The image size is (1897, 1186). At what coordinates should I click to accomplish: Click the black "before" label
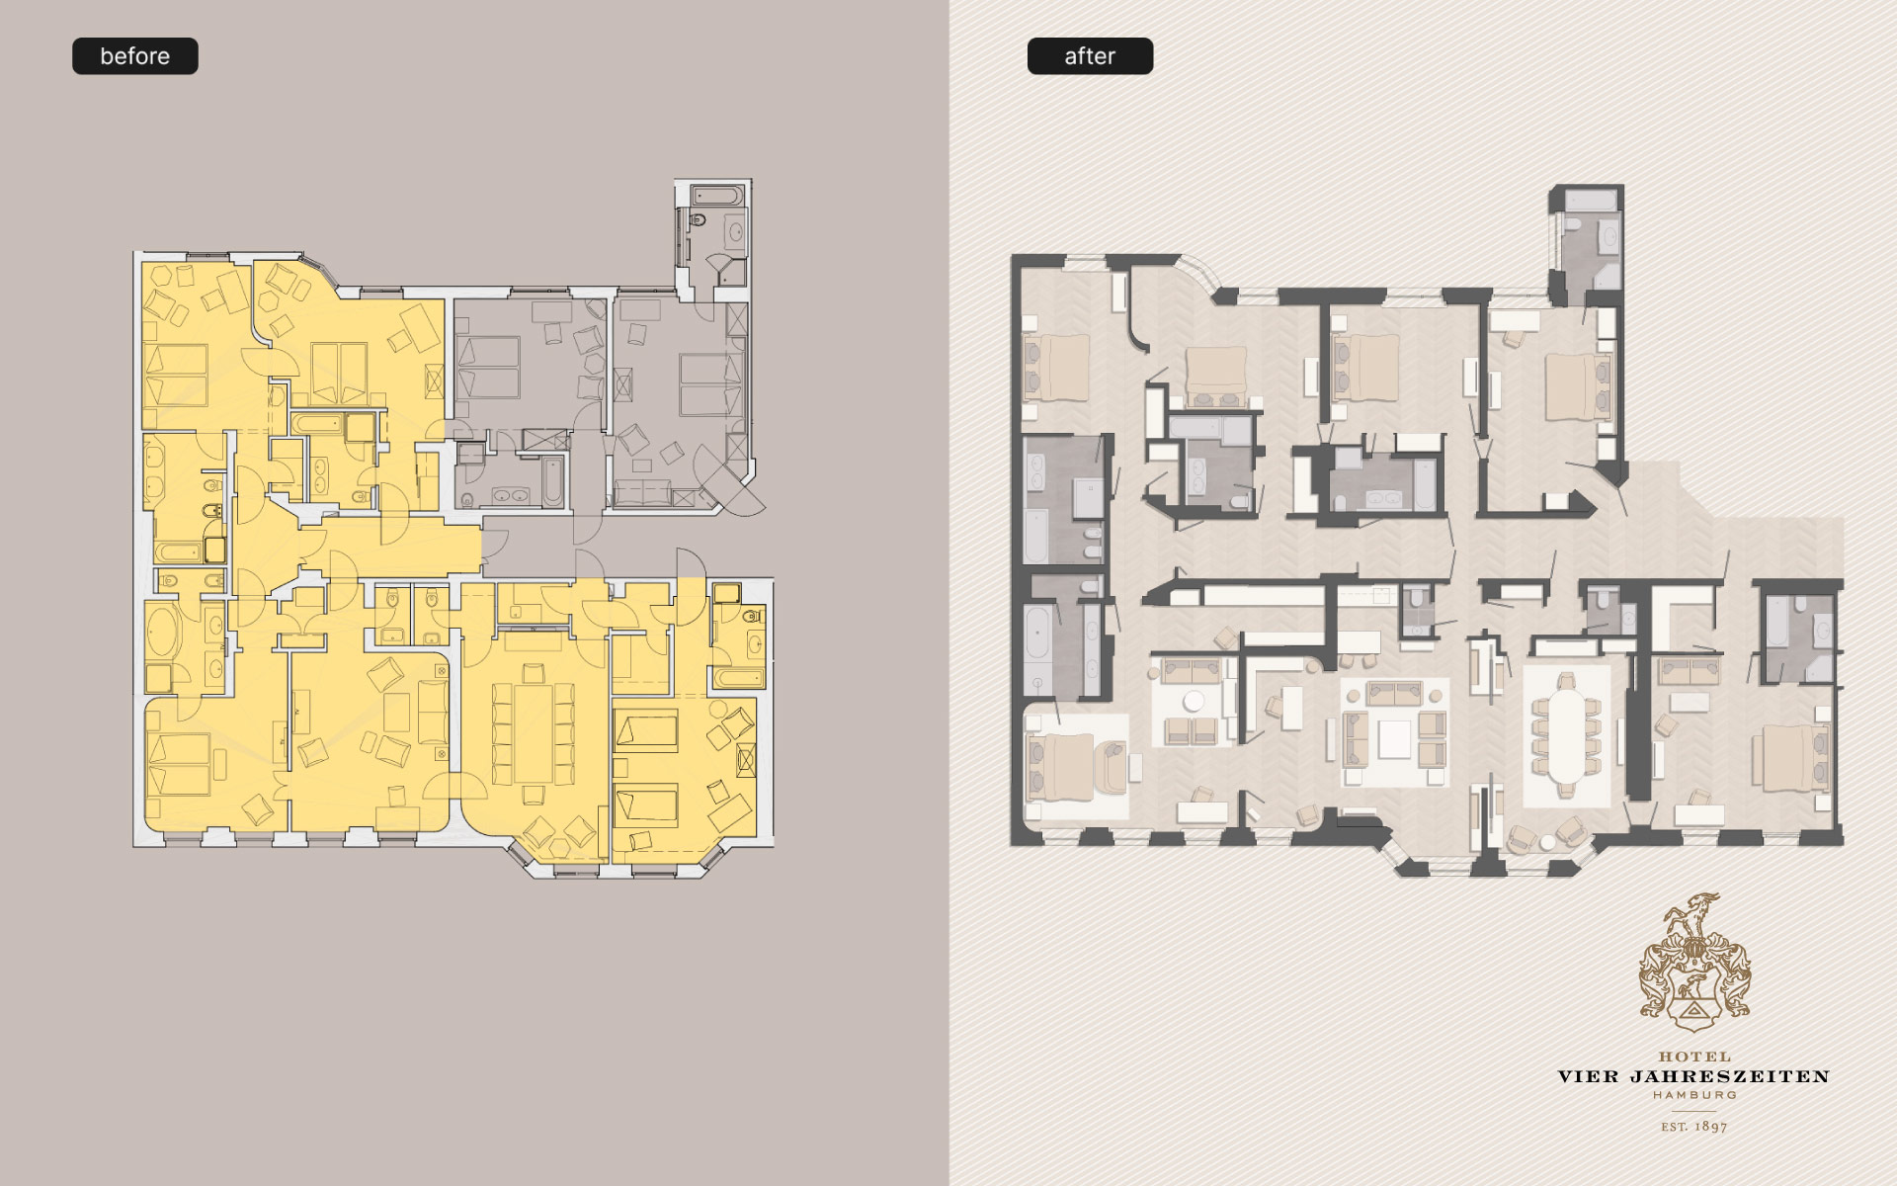tap(135, 56)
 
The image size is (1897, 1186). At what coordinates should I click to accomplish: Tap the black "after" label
tap(1090, 56)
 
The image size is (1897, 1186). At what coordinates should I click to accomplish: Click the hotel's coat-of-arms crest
tap(1694, 963)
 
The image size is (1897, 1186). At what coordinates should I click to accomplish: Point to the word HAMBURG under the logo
tap(1694, 1095)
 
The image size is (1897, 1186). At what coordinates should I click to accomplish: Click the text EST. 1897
tap(1694, 1126)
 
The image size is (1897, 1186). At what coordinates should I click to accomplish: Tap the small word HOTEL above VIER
tap(1694, 1057)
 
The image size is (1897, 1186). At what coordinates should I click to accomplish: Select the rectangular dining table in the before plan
tap(534, 731)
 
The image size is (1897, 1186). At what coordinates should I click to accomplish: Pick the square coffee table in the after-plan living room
tap(1394, 738)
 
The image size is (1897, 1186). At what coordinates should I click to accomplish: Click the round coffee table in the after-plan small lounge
tap(1194, 701)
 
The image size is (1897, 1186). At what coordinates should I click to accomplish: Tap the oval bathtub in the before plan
tap(164, 633)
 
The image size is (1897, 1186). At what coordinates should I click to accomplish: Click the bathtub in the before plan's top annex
tap(716, 195)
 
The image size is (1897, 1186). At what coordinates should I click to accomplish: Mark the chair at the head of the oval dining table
tap(1567, 681)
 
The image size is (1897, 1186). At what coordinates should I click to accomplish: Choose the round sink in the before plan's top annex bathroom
tap(736, 235)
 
